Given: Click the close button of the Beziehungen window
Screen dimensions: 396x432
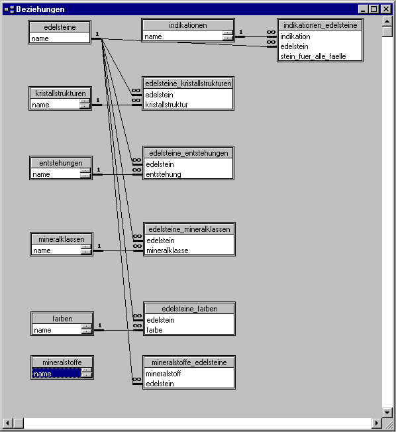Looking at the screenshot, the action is [386, 9].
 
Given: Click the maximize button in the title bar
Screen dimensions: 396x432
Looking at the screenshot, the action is [373, 9].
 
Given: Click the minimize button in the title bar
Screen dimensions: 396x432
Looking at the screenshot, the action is [364, 9].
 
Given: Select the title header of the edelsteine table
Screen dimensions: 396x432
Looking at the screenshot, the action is [60, 27].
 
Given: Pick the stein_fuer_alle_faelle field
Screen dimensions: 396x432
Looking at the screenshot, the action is [313, 56].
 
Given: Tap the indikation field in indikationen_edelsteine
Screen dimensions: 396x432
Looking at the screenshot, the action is [295, 36].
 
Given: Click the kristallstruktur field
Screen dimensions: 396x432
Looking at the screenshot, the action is [166, 105].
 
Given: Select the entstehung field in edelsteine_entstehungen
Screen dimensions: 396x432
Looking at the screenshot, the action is [164, 174].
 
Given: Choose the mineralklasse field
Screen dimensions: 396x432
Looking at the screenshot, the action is [168, 250].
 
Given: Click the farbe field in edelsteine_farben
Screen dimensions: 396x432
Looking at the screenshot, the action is [154, 330].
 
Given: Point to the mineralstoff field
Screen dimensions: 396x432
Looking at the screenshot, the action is [164, 374].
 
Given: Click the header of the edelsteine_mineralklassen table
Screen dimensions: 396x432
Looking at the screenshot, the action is [189, 229].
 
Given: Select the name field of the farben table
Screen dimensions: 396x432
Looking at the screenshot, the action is [42, 330].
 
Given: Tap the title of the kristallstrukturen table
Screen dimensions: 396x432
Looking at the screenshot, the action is [60, 93].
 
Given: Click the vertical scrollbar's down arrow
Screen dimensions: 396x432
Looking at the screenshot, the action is [387, 412].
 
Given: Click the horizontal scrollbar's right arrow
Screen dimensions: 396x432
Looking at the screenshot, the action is [376, 423].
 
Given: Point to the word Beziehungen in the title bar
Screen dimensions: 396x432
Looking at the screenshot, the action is [40, 9].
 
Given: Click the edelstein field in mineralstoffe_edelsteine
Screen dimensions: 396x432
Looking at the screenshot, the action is [160, 384].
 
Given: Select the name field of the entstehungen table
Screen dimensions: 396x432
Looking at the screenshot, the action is [41, 174].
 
